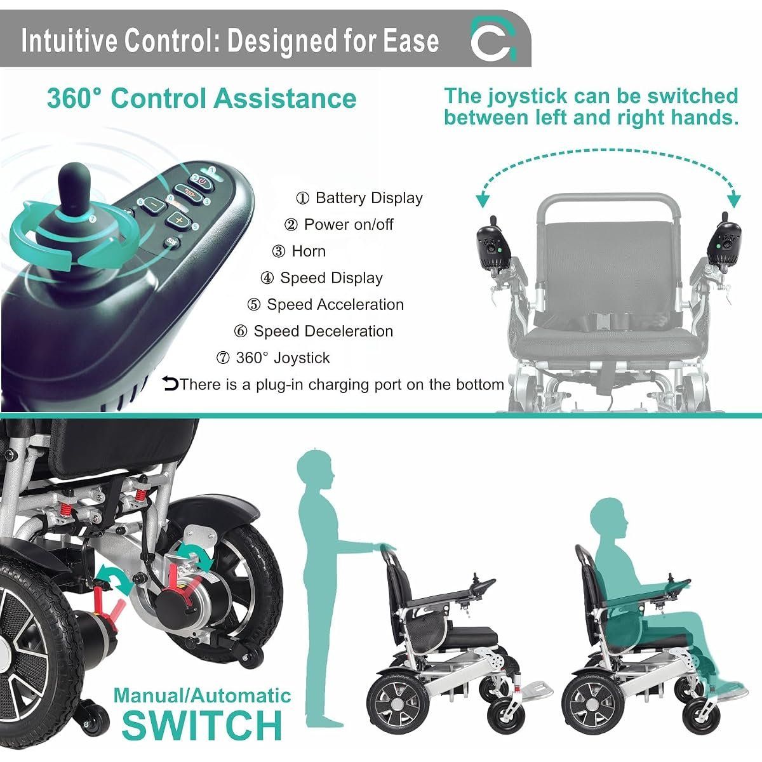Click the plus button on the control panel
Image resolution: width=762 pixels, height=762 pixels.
[x=178, y=220]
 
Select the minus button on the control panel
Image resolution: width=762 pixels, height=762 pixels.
[x=152, y=204]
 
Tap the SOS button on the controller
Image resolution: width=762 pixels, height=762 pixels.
[x=171, y=241]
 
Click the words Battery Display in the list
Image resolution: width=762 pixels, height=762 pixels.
[x=369, y=197]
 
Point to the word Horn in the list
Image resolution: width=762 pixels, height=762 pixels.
[x=309, y=251]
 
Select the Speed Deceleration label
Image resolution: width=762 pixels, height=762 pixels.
[x=323, y=331]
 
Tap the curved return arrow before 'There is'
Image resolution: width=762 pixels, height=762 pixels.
[x=170, y=384]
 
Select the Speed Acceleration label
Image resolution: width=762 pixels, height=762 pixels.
[x=335, y=305]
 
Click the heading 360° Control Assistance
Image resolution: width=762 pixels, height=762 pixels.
[x=202, y=98]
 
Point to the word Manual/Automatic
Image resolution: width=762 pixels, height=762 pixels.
[x=202, y=695]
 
